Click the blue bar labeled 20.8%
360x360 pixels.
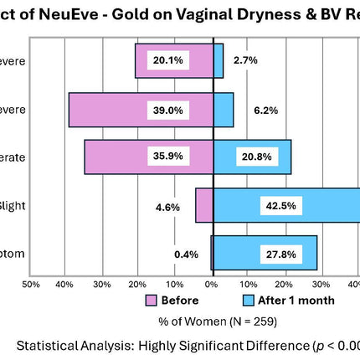pyautogui.click(x=252, y=157)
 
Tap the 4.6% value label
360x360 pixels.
pyautogui.click(x=167, y=206)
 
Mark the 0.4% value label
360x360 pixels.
pyautogui.click(x=186, y=254)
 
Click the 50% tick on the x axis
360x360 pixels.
pyautogui.click(x=30, y=285)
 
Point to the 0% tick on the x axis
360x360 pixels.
pyautogui.click(x=212, y=285)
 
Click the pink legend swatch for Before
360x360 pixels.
pyautogui.click(x=152, y=300)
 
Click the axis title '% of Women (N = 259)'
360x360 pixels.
pyautogui.click(x=217, y=320)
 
